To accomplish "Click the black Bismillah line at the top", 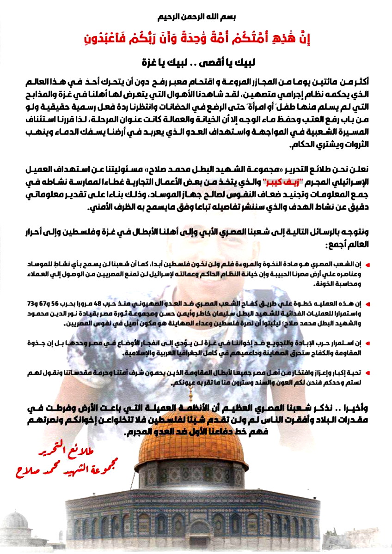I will click(196, 17).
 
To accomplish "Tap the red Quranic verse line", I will click(196, 40).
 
